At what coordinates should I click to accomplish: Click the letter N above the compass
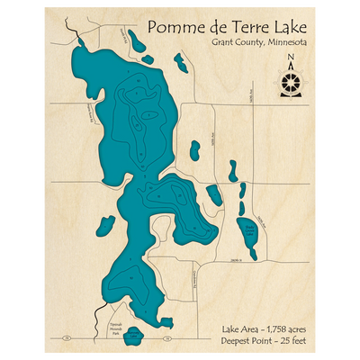tap(290, 61)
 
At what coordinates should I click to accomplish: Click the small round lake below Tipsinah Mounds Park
tap(133, 337)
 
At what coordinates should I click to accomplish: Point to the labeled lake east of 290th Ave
tap(246, 231)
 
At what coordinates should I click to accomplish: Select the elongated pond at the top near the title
tap(136, 41)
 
